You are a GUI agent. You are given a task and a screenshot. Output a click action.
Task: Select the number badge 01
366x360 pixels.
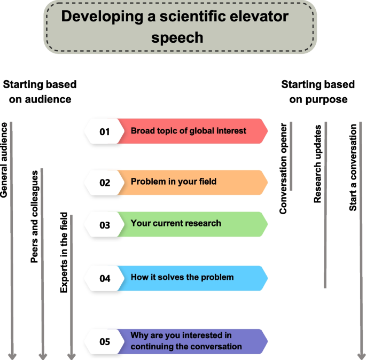coord(104,131)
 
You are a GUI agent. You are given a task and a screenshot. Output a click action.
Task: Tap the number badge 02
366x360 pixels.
coord(104,183)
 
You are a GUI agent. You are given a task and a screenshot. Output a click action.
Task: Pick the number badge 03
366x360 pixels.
coord(104,224)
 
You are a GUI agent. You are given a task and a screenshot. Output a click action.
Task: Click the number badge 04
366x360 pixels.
coord(104,278)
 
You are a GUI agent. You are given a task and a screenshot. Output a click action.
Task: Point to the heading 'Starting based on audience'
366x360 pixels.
coord(40,92)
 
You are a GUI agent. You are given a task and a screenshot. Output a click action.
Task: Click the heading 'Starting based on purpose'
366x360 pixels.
coord(318,92)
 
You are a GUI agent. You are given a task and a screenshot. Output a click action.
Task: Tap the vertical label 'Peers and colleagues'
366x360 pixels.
coord(35,217)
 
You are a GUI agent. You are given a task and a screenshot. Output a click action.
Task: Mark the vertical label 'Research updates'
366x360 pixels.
coord(317,164)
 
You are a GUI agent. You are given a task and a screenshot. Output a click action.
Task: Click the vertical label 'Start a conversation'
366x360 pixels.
coord(353,168)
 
